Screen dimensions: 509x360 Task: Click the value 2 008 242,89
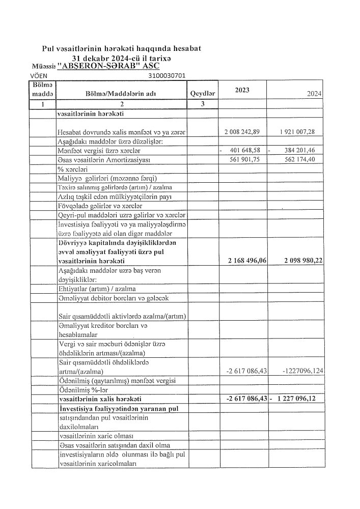pyautogui.click(x=242, y=132)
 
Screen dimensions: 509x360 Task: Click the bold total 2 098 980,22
pyautogui.click(x=300, y=261)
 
